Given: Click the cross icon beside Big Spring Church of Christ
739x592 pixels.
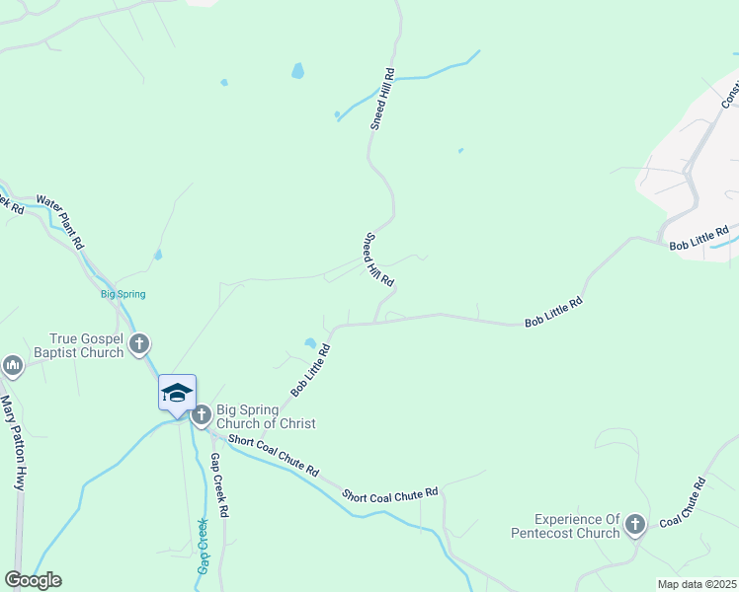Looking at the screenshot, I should point(201,415).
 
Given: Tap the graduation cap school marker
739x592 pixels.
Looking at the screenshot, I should point(177,393).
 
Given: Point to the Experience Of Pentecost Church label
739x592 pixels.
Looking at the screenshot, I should point(577,526).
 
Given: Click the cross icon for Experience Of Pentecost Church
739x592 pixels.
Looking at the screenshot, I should point(634,526).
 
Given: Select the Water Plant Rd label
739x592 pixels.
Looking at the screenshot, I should point(61,221).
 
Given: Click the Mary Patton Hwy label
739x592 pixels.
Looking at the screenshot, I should point(13,443).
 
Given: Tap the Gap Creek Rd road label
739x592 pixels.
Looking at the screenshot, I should point(219,485).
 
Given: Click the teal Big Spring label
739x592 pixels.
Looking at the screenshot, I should point(123,294).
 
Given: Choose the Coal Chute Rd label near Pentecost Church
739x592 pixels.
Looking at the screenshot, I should point(683,501).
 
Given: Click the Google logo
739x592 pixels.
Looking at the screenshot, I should point(33,580).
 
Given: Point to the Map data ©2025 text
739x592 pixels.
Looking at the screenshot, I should point(697,584).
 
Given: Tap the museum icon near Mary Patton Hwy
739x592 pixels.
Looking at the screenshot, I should point(13,366).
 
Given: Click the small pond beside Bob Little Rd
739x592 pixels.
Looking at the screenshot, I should point(310,343).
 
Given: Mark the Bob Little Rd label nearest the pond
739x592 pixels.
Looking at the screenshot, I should point(309,370).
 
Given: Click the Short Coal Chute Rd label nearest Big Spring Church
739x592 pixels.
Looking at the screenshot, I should point(273,455).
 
